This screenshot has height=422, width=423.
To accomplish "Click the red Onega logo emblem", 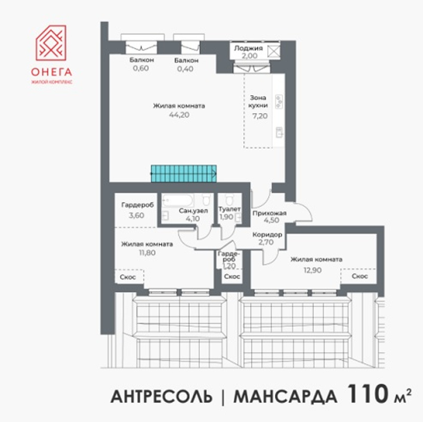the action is pyautogui.click(x=51, y=43).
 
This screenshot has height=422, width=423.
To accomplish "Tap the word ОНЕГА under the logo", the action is pyautogui.click(x=51, y=72).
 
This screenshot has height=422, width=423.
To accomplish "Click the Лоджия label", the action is pyautogui.click(x=248, y=48).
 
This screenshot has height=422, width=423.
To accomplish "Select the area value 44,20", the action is pyautogui.click(x=179, y=115).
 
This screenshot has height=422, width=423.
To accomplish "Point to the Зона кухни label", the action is pyautogui.click(x=258, y=102).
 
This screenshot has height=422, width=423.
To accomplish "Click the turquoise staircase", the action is pyautogui.click(x=183, y=173).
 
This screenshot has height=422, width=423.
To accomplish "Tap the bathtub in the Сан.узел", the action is pyautogui.click(x=178, y=200).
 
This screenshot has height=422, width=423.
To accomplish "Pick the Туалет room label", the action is pyautogui.click(x=229, y=209).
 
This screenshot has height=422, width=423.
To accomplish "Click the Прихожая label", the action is pyautogui.click(x=269, y=214).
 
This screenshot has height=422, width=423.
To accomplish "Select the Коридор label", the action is pyautogui.click(x=268, y=235).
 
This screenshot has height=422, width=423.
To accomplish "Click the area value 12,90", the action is pyautogui.click(x=312, y=270).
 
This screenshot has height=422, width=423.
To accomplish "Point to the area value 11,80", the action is pyautogui.click(x=147, y=253).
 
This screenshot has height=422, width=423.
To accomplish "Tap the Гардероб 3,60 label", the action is pyautogui.click(x=137, y=210).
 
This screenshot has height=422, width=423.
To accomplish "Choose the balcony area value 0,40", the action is pyautogui.click(x=185, y=69).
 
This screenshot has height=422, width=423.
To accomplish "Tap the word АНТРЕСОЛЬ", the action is pyautogui.click(x=161, y=397).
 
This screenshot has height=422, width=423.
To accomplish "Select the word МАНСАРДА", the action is pyautogui.click(x=286, y=397).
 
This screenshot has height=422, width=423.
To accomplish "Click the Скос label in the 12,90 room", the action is pyautogui.click(x=360, y=276).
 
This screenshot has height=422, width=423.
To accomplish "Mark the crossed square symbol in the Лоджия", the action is pyautogui.click(x=274, y=51).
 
